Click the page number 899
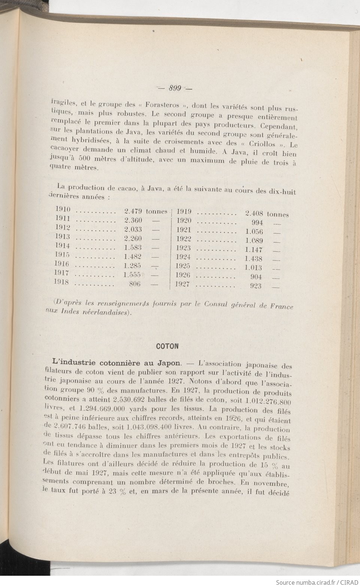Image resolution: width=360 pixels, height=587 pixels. pyautogui.click(x=175, y=88)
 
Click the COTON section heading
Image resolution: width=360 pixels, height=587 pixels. pyautogui.click(x=167, y=346)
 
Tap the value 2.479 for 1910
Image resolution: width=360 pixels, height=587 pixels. pyautogui.click(x=133, y=212)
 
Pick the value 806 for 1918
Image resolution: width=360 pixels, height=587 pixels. pyautogui.click(x=134, y=284)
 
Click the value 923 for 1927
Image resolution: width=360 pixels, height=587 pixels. pyautogui.click(x=255, y=286)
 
